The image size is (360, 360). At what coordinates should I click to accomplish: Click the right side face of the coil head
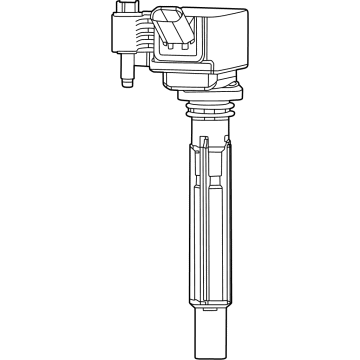click(x=240, y=55)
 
